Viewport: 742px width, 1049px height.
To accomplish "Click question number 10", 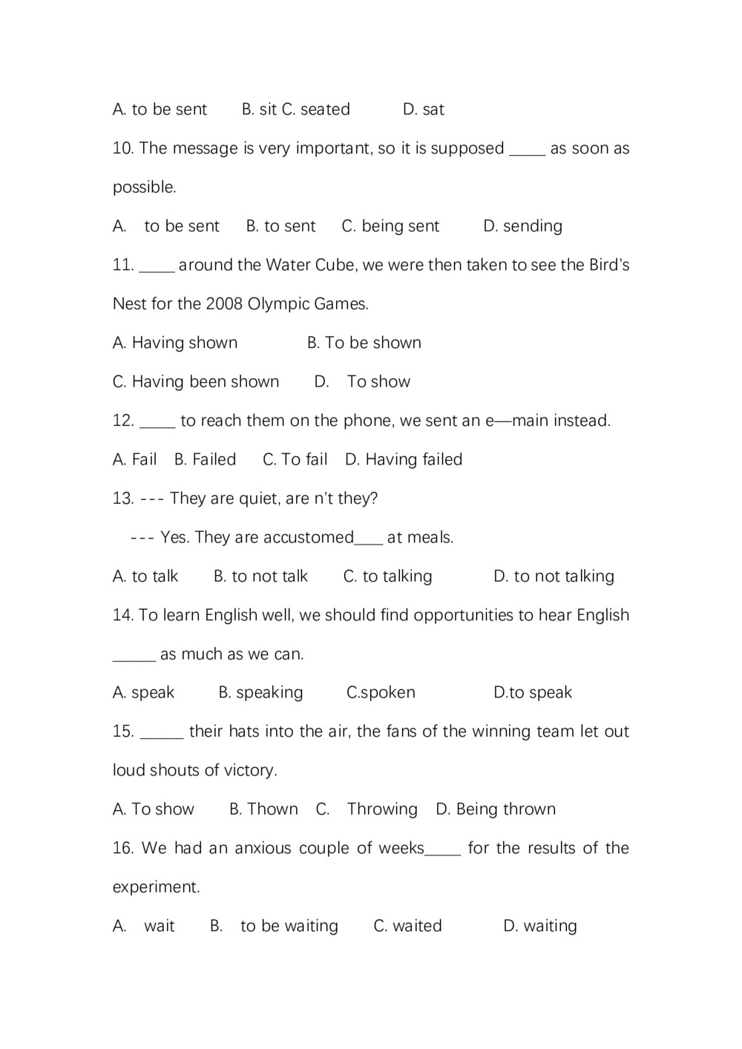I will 123,148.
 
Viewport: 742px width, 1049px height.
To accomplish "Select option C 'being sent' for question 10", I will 390,226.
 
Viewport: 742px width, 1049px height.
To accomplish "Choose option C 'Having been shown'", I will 196,382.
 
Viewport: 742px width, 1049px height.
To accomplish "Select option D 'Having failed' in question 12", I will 404,460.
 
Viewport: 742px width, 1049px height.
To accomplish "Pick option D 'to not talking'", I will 554,576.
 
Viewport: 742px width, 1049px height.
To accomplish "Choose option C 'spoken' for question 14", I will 381,693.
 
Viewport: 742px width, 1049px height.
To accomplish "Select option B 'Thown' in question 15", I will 263,809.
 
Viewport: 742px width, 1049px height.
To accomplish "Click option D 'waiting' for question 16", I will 539,926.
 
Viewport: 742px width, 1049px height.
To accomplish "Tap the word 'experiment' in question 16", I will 155,887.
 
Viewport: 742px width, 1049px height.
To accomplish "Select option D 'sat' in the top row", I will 423,110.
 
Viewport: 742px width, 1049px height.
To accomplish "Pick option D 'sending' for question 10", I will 522,226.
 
